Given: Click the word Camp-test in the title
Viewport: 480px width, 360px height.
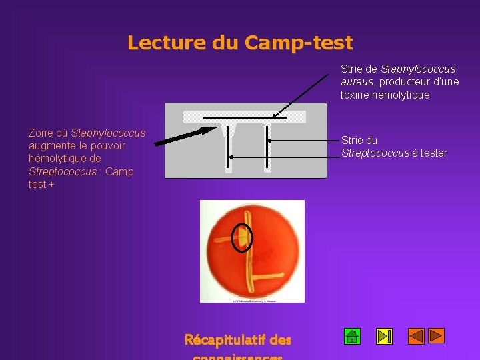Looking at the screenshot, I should pos(298,43).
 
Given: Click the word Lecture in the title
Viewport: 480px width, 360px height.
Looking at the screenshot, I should pos(167,43).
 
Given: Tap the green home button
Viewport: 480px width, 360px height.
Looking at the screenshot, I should pos(353,336).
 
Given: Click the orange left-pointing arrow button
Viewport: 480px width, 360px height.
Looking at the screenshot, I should pos(416,336).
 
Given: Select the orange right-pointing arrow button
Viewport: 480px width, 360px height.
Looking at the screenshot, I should pos(436,336).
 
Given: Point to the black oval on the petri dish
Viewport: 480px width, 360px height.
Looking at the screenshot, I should pos(242,237).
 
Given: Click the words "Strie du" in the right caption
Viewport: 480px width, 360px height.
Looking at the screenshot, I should pos(359,140).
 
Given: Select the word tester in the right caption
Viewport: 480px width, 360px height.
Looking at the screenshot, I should pos(433,153).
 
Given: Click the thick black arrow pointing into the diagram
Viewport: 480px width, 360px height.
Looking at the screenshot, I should pos(181,135).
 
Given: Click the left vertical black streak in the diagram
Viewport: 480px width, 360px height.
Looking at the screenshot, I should pos(229,145).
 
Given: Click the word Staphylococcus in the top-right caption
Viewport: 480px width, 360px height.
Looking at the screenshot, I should pos(418,69).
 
